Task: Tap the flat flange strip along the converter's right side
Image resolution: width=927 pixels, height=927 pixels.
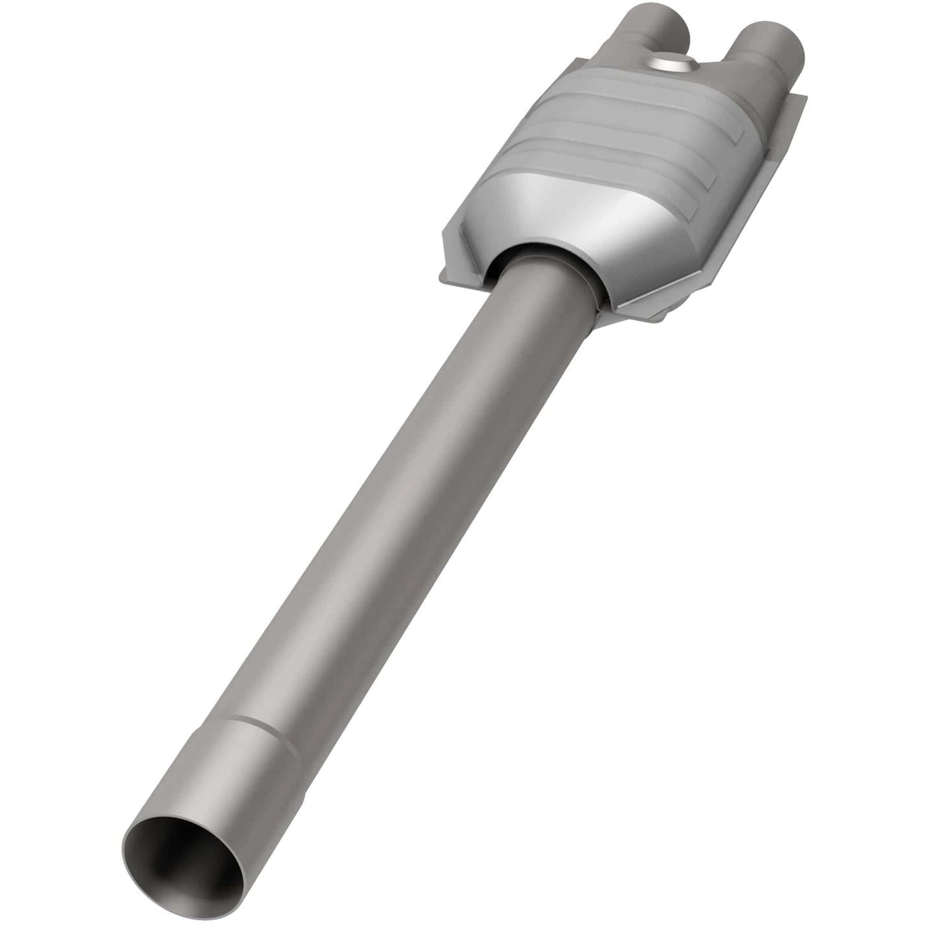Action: click(738, 212)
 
